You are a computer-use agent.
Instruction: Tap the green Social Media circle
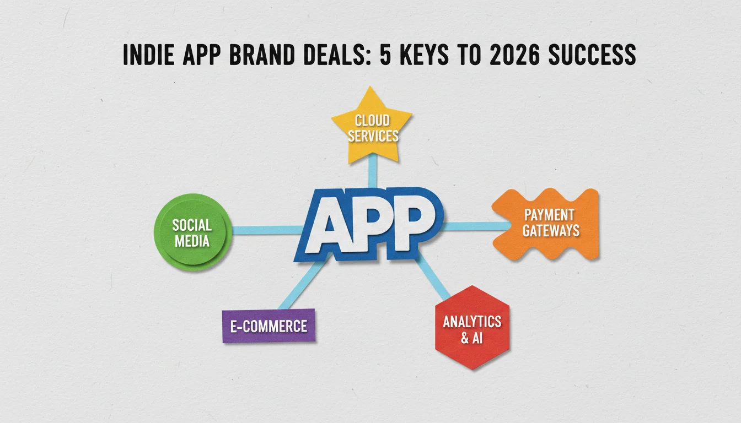click(x=193, y=232)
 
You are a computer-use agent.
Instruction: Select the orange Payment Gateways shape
click(x=546, y=224)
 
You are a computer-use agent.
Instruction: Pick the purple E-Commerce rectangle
click(x=269, y=326)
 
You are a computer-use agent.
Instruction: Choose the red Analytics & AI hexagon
click(x=472, y=327)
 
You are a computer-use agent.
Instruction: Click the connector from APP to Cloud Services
click(x=373, y=171)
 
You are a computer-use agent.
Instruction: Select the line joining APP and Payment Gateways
click(x=477, y=226)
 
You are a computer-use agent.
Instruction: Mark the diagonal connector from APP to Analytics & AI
click(x=432, y=276)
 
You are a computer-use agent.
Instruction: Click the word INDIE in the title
click(x=148, y=55)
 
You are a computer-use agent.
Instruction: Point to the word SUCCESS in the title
click(x=592, y=55)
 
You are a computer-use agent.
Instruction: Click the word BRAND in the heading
click(x=262, y=55)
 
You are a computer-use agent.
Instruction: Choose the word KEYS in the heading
click(x=424, y=55)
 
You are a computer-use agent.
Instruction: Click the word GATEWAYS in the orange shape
click(x=551, y=230)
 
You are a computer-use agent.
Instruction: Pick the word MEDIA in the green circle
click(x=192, y=241)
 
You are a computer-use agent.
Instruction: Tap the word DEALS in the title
click(x=336, y=55)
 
